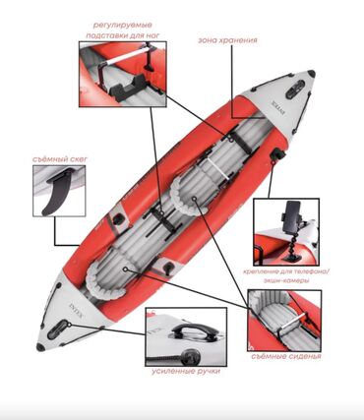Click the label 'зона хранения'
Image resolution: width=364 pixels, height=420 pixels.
[x=227, y=40]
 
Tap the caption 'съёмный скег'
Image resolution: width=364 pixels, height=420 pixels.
[x=60, y=159]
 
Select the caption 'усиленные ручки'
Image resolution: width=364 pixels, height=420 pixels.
[x=186, y=372]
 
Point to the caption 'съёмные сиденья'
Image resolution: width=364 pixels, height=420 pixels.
[x=286, y=356]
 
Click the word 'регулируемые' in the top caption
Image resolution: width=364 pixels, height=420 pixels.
[x=123, y=26]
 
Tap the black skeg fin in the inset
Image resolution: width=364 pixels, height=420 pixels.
[x=58, y=192]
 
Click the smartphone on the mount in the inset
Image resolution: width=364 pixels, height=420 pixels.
[x=291, y=216]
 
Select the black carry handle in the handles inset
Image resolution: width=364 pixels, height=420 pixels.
[x=187, y=330]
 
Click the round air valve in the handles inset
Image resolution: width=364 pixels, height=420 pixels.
[x=190, y=356]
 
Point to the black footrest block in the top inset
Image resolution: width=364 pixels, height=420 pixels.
[x=130, y=86]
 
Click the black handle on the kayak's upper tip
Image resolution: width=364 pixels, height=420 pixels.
[x=295, y=90]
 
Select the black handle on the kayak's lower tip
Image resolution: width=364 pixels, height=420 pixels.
[x=57, y=330]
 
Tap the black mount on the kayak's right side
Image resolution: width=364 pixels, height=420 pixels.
[x=278, y=154]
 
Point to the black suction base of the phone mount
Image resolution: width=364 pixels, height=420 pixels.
[x=289, y=257]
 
